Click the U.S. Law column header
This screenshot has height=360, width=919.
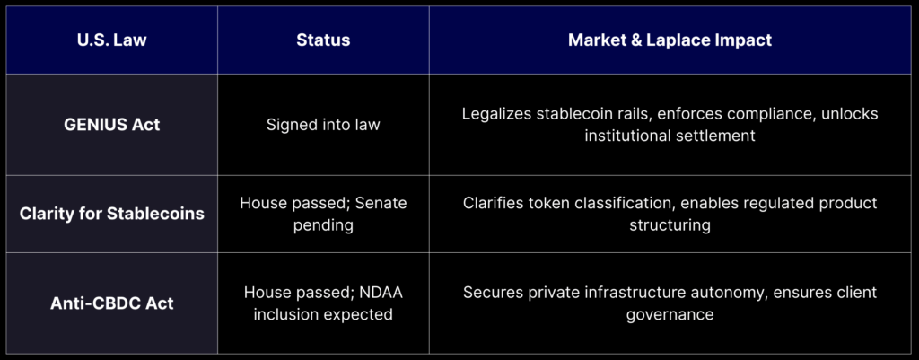112,40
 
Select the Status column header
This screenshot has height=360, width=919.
323,40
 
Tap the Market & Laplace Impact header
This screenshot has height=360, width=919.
670,40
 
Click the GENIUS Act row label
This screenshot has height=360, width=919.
112,125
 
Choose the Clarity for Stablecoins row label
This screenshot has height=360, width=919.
112,214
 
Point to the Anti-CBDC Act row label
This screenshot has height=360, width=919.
112,303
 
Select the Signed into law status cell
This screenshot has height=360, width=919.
323,125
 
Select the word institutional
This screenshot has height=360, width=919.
627,136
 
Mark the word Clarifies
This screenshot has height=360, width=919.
494,203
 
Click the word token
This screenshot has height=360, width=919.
549,203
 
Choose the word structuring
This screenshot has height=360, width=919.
670,225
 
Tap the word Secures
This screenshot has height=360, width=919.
491,292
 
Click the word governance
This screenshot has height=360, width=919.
670,315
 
